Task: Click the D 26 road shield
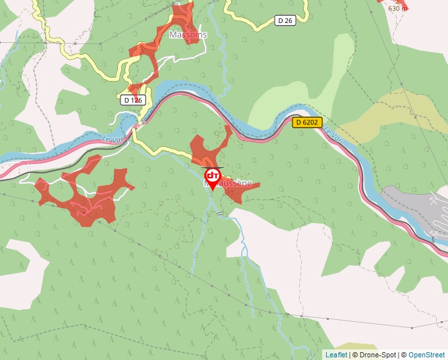coord(285,21)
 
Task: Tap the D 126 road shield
coord(132,100)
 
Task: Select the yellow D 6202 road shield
coord(306,122)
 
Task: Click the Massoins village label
coord(188,34)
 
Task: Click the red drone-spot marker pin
coord(213,178)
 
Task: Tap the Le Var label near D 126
coord(113,139)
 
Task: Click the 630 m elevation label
coord(397,9)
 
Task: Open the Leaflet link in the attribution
coord(336,355)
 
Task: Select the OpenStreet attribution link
coord(427,355)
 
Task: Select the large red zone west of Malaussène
coord(86,194)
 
